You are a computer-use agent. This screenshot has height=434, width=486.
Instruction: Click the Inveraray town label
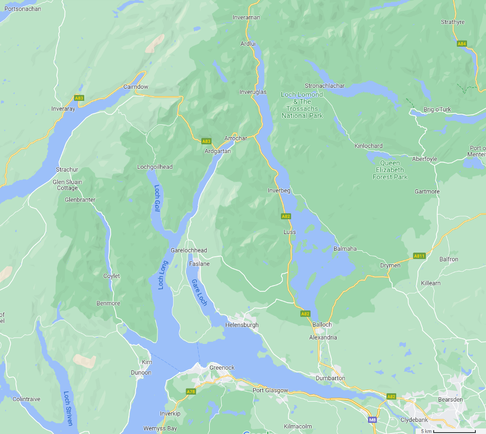(63, 109)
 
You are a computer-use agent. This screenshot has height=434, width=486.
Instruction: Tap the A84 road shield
(461, 43)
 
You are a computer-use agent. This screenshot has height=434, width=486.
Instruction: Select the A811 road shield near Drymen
(419, 255)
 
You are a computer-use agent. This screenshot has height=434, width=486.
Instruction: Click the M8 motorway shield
(373, 420)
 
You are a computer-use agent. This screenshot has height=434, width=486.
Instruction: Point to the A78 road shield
(191, 392)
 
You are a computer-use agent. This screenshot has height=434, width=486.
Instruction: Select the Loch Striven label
(68, 409)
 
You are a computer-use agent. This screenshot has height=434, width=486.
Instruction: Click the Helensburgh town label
(242, 325)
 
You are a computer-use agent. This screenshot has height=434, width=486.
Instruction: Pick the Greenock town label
(222, 368)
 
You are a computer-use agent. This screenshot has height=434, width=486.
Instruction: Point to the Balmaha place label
(345, 248)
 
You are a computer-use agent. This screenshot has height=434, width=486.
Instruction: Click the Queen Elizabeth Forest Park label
(391, 170)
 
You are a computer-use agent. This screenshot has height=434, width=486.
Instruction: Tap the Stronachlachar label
(324, 86)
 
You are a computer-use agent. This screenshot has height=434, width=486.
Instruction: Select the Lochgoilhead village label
(155, 167)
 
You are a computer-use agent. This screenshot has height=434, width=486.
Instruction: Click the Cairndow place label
(136, 87)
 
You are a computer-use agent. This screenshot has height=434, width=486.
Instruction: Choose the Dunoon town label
(141, 372)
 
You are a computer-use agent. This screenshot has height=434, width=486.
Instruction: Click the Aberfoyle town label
(424, 159)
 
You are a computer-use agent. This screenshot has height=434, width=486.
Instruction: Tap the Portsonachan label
(23, 9)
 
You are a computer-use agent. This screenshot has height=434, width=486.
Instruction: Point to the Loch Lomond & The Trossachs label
(302, 105)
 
